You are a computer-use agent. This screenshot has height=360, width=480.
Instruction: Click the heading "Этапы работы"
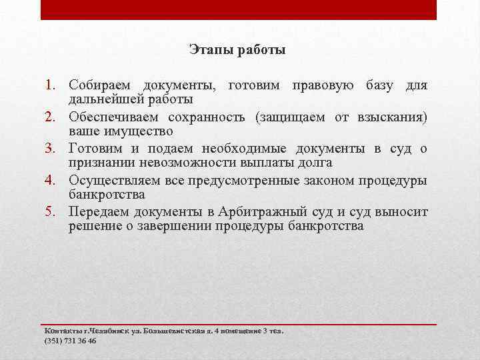237,50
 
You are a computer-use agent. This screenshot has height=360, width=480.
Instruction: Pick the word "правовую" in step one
325,86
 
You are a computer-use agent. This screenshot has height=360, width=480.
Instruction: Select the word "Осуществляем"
113,180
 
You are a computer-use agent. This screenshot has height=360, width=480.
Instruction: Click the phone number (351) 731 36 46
70,340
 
